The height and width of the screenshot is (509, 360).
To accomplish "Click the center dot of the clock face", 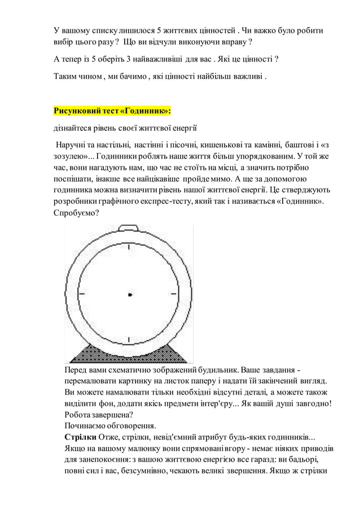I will coord(130,295).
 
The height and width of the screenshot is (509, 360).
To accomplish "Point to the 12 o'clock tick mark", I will coord(129,248).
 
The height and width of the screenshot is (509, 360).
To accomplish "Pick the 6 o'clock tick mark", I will coord(129,340).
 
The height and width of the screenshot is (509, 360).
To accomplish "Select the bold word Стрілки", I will coord(80,437).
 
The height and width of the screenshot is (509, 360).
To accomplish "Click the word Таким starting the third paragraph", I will coord(65,76).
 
